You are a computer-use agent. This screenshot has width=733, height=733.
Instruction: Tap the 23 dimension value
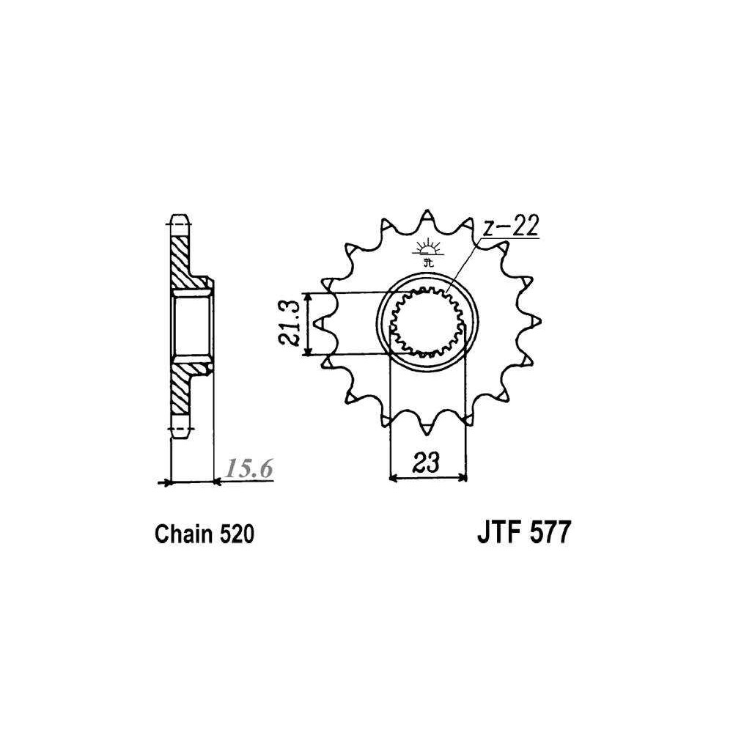coord(427,463)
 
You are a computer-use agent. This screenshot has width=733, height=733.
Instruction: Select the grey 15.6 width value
coord(249,468)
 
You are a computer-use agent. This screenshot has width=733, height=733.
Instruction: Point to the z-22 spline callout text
coord(510,226)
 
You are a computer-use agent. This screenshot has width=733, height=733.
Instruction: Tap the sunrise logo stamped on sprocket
coord(427,253)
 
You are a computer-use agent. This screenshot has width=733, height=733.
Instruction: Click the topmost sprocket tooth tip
coord(427,211)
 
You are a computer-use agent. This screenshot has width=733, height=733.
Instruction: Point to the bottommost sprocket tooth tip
coord(427,432)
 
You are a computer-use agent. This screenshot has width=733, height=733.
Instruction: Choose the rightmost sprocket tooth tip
coord(540,322)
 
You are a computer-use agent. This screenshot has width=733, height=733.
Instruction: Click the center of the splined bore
coord(427,322)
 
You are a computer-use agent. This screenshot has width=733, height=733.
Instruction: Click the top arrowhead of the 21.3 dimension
coord(307,297)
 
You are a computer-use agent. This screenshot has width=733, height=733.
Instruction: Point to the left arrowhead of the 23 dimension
coord(393,478)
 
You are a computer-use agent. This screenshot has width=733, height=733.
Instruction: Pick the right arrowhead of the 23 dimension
coord(463,478)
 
